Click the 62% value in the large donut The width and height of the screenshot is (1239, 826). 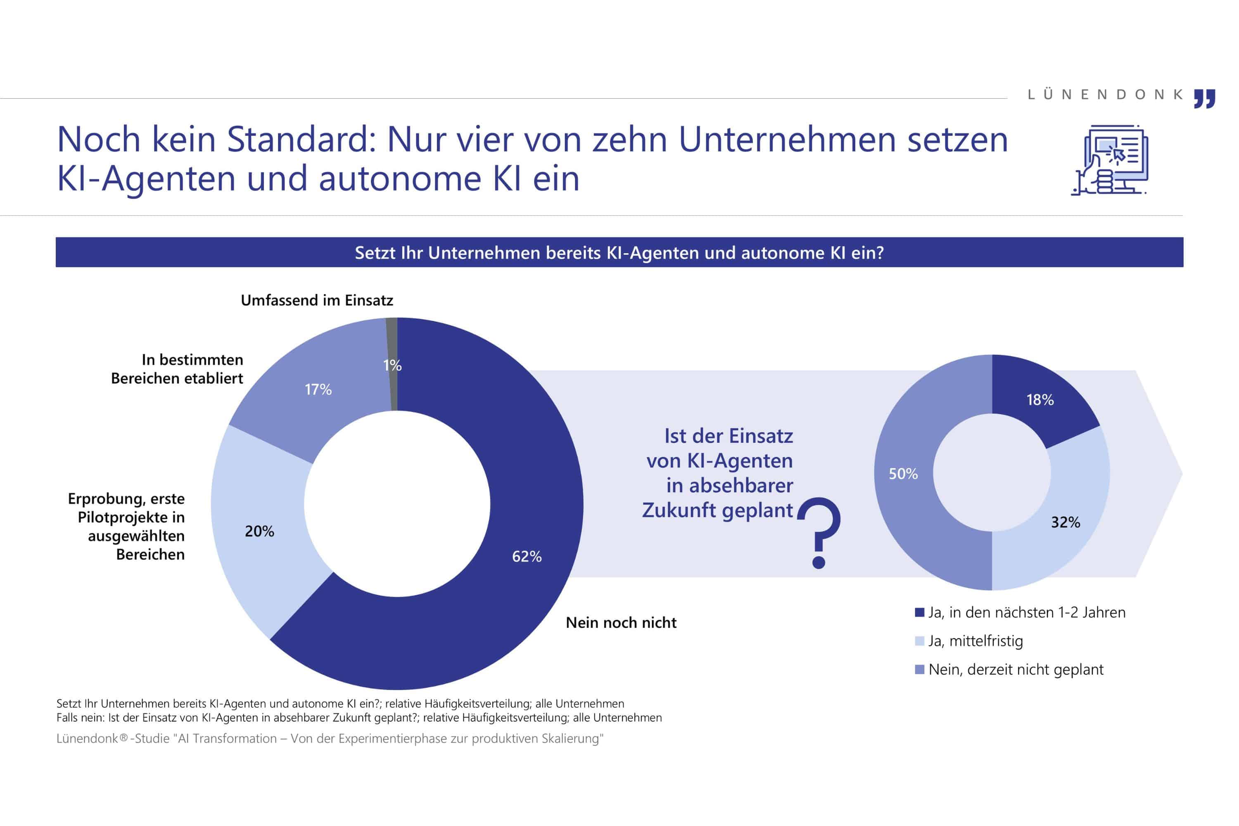pyautogui.click(x=527, y=557)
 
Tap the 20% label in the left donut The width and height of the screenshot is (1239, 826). pyautogui.click(x=259, y=532)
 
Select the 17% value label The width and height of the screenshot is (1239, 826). pyautogui.click(x=318, y=390)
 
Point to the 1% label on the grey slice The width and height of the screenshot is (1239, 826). pyautogui.click(x=392, y=366)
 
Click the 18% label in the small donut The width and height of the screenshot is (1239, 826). pyautogui.click(x=1040, y=400)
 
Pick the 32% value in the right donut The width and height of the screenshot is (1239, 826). pyautogui.click(x=1065, y=522)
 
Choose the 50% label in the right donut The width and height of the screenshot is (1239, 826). pyautogui.click(x=903, y=474)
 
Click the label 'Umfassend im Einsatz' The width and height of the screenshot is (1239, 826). pyautogui.click(x=317, y=301)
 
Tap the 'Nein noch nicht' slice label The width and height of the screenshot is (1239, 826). pyautogui.click(x=621, y=623)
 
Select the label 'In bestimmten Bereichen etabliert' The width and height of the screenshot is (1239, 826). pyautogui.click(x=177, y=369)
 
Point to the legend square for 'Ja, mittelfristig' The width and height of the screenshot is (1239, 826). pyautogui.click(x=920, y=641)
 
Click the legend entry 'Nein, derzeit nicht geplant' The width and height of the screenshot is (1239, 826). pyautogui.click(x=1015, y=669)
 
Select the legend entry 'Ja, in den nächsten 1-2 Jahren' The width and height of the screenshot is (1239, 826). pyautogui.click(x=1026, y=612)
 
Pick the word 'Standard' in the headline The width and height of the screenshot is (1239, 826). pyautogui.click(x=301, y=140)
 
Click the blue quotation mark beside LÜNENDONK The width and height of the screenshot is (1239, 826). pyautogui.click(x=1204, y=99)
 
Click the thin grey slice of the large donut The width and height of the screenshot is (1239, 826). pyautogui.click(x=392, y=363)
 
